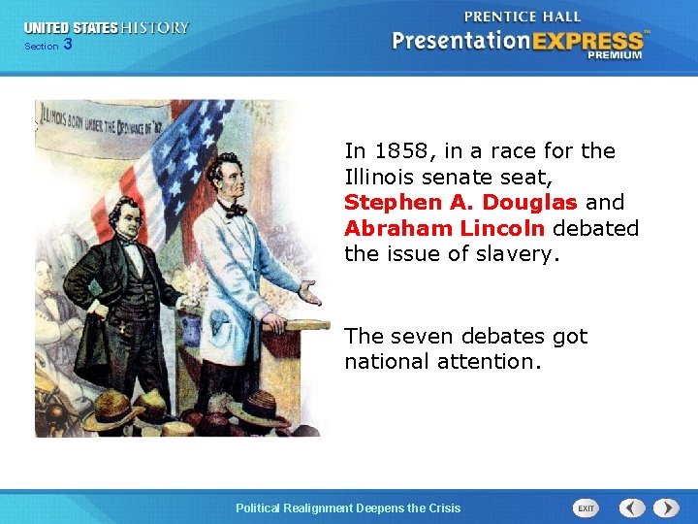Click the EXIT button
click(587, 508)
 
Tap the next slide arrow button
click(666, 508)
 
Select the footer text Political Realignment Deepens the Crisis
click(349, 508)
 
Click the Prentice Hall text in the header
click(522, 16)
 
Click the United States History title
click(107, 28)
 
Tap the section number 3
click(67, 45)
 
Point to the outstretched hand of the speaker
click(308, 291)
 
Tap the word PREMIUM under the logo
click(614, 55)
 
